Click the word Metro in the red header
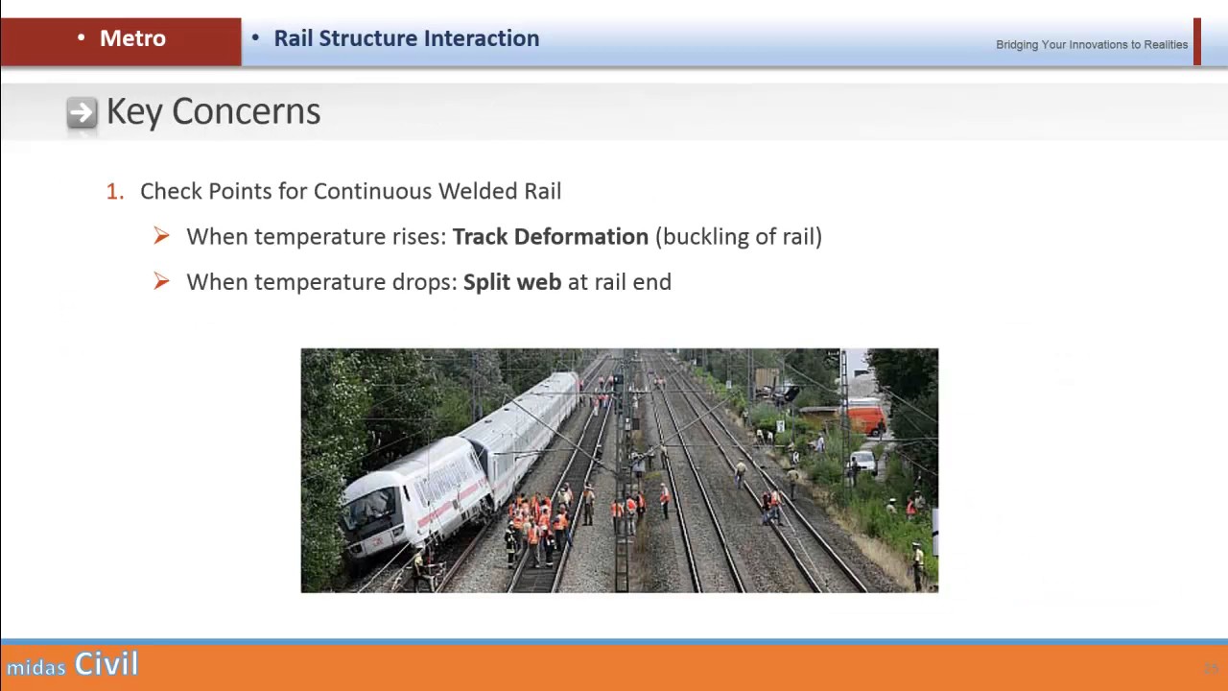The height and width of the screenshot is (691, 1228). pyautogui.click(x=132, y=38)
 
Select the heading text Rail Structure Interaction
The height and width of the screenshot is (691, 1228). pyautogui.click(x=406, y=38)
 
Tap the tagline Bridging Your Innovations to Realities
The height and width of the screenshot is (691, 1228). pyautogui.click(x=1091, y=45)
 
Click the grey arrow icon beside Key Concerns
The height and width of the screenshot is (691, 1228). pyautogui.click(x=82, y=113)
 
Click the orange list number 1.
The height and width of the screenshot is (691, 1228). pyautogui.click(x=114, y=192)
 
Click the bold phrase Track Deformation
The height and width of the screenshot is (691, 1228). pyautogui.click(x=550, y=237)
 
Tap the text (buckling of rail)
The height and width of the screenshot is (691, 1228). pyautogui.click(x=738, y=237)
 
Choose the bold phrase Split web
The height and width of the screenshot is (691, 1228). pyautogui.click(x=511, y=282)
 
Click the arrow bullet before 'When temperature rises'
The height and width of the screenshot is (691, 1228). pyautogui.click(x=161, y=236)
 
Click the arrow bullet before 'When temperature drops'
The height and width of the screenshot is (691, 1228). pyautogui.click(x=161, y=281)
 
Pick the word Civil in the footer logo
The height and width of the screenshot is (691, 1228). pyautogui.click(x=106, y=664)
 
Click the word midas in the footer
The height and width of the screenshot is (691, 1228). pyautogui.click(x=36, y=667)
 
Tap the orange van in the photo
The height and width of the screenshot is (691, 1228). pyautogui.click(x=865, y=418)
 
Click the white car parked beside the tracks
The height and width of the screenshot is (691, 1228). pyautogui.click(x=862, y=463)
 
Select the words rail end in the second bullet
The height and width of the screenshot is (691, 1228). pyautogui.click(x=632, y=282)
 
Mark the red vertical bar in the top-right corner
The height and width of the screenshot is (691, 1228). pyautogui.click(x=1197, y=42)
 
